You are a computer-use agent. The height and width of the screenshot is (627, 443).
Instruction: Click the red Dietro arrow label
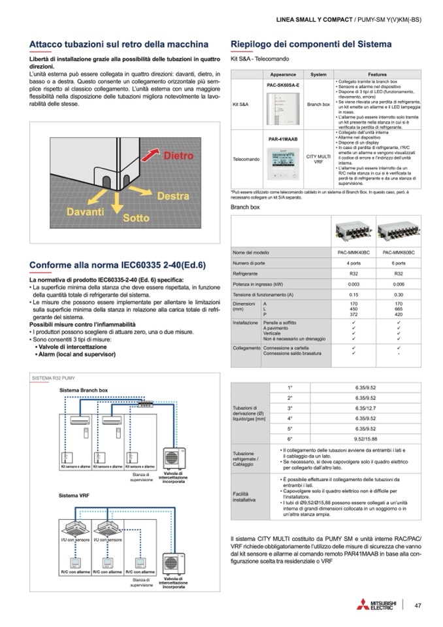(x=178, y=156)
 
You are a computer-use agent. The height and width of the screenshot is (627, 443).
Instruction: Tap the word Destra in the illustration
(x=173, y=196)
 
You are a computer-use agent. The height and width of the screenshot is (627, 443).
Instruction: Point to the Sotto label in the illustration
(x=136, y=218)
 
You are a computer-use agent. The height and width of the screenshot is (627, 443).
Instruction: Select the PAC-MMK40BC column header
(x=353, y=252)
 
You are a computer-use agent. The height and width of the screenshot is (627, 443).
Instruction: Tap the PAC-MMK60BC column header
(x=399, y=252)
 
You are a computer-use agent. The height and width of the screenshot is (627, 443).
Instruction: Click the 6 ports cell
(x=399, y=263)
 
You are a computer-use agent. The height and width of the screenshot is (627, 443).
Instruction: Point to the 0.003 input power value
(x=353, y=284)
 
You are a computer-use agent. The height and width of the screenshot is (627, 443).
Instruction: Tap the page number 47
(x=418, y=605)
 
